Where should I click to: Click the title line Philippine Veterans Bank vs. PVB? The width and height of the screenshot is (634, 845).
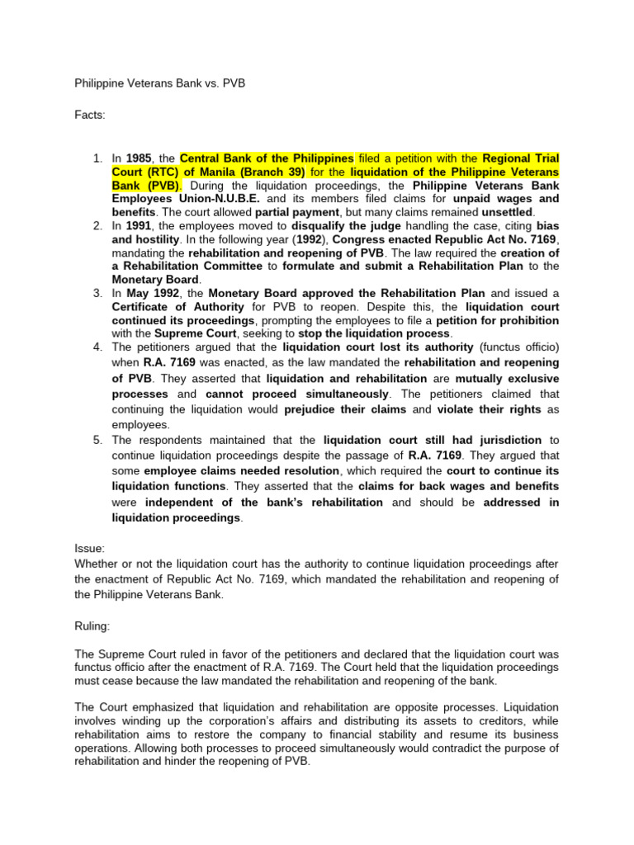click(160, 83)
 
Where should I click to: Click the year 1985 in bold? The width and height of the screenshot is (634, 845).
click(140, 158)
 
